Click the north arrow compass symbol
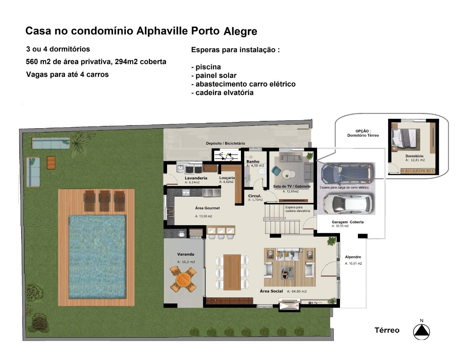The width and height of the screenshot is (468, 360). pos(421,332)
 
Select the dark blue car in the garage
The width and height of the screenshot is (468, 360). pos(347,173)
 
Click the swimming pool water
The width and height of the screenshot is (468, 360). pos(97,257)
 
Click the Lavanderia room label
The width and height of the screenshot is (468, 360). pos(196,178)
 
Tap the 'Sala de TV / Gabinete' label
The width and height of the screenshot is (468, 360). pos(292,186)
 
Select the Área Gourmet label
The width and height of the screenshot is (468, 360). pos(207,208)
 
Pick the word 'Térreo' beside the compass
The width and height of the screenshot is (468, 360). pos(387,330)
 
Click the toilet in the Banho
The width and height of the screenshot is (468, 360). pos(262,171)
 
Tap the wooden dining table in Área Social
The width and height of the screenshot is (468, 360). pos(232,272)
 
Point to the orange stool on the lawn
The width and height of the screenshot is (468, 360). pos(51,163)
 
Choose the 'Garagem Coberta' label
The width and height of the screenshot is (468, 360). pos(347,222)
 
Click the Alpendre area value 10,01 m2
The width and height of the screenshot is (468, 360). pos(353,264)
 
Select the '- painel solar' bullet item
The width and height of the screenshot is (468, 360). pos(214,75)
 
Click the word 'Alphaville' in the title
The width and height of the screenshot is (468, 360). pos(162,31)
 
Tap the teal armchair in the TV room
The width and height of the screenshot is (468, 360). pos(276,171)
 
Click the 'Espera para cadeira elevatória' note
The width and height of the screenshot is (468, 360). pos(297,209)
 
